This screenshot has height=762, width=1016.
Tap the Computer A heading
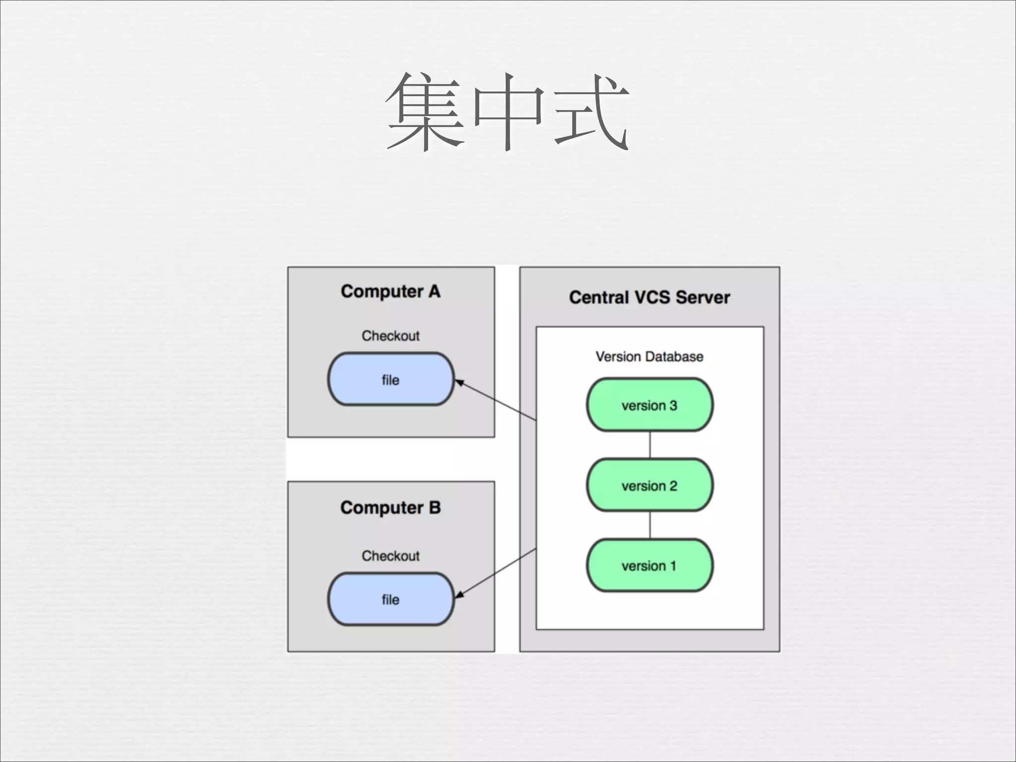(390, 292)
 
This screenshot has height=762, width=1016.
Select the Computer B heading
(390, 508)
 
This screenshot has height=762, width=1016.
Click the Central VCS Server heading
(649, 298)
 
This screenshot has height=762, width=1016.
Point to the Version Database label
(649, 357)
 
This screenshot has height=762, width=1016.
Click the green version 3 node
(649, 405)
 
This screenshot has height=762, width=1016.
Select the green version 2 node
(649, 485)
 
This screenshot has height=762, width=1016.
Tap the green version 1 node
(649, 566)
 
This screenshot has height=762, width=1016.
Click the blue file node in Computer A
(390, 380)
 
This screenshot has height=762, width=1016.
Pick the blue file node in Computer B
(390, 599)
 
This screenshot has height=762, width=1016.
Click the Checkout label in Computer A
(390, 336)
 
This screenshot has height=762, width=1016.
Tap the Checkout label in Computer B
(390, 556)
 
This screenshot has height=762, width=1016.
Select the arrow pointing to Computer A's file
(496, 400)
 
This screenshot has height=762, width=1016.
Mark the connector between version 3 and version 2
(650, 445)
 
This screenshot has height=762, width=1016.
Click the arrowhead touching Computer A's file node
(459, 382)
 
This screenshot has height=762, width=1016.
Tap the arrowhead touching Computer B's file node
(459, 595)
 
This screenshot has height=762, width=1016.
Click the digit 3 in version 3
(673, 405)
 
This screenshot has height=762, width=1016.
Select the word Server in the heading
(703, 298)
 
